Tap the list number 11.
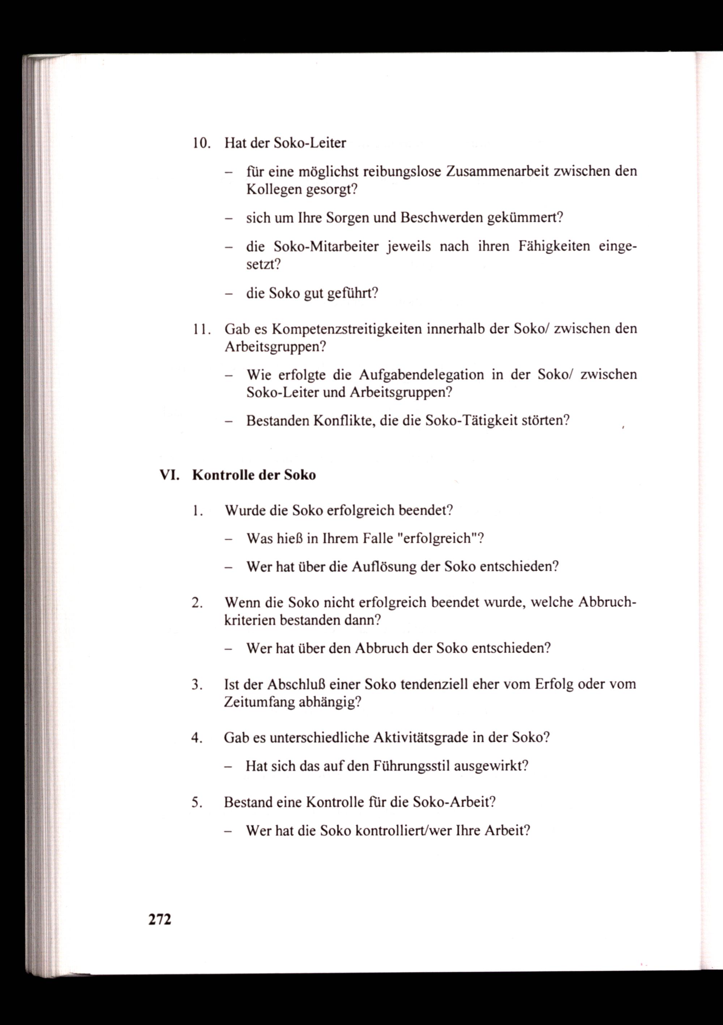tap(201, 329)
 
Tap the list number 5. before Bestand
tap(197, 803)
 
